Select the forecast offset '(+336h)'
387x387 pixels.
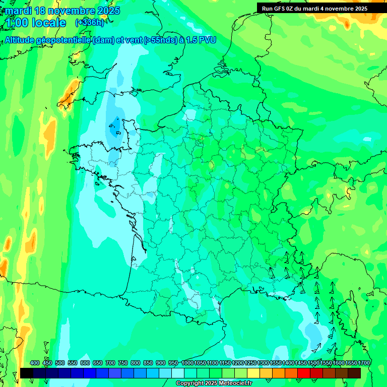(x=89, y=22)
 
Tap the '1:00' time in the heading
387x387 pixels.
(x=17, y=23)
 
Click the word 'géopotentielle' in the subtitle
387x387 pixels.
(x=63, y=40)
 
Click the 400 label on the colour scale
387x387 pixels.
(x=35, y=363)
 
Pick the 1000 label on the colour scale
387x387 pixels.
(x=187, y=363)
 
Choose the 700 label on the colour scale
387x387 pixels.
(x=110, y=363)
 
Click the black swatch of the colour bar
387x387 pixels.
(x=27, y=373)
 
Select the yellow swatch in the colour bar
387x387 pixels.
(x=253, y=373)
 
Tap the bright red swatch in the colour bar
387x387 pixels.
(x=304, y=373)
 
